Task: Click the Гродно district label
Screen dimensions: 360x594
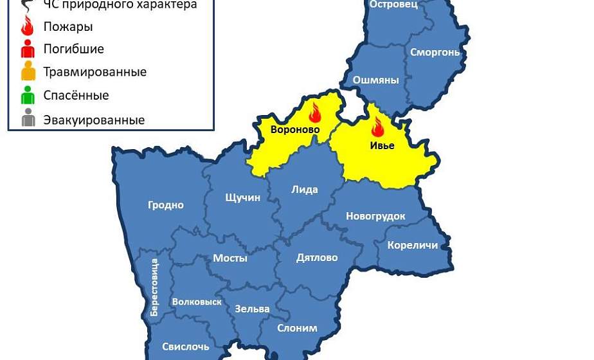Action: [x=166, y=206]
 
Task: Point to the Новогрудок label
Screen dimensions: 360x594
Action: [x=375, y=217]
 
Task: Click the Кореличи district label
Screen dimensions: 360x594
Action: [x=412, y=246]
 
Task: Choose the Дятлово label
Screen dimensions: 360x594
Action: [x=317, y=258]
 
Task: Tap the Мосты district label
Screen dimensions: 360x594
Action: [x=230, y=258]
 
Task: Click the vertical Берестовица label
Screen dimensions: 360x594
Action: [x=154, y=287]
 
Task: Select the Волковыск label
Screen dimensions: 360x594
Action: [x=197, y=301]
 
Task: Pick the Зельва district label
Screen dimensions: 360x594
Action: [x=252, y=309]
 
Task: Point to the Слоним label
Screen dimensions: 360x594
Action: [x=297, y=328]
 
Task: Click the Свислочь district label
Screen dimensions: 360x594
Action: [x=186, y=347]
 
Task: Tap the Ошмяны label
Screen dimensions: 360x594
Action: [x=376, y=80]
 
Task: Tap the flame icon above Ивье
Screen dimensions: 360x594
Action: [x=377, y=127]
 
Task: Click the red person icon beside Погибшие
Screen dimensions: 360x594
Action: [x=28, y=49]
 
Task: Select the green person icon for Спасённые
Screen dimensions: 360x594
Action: [x=28, y=96]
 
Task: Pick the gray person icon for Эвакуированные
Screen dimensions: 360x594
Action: [x=28, y=119]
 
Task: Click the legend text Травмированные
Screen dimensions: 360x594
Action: [x=95, y=72]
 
